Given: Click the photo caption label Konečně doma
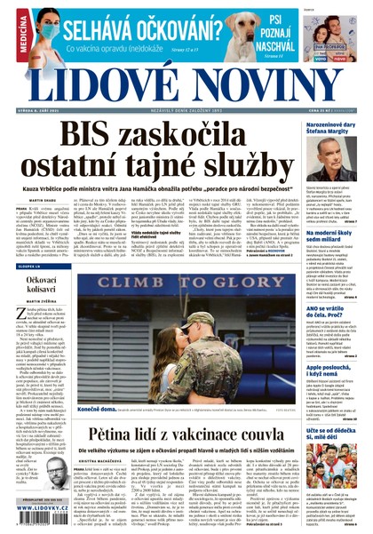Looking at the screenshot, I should (95, 411).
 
